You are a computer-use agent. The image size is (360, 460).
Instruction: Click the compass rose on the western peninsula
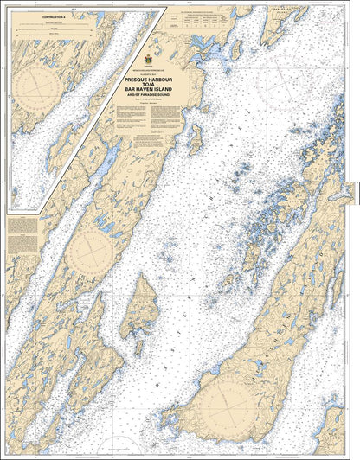[89, 250]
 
